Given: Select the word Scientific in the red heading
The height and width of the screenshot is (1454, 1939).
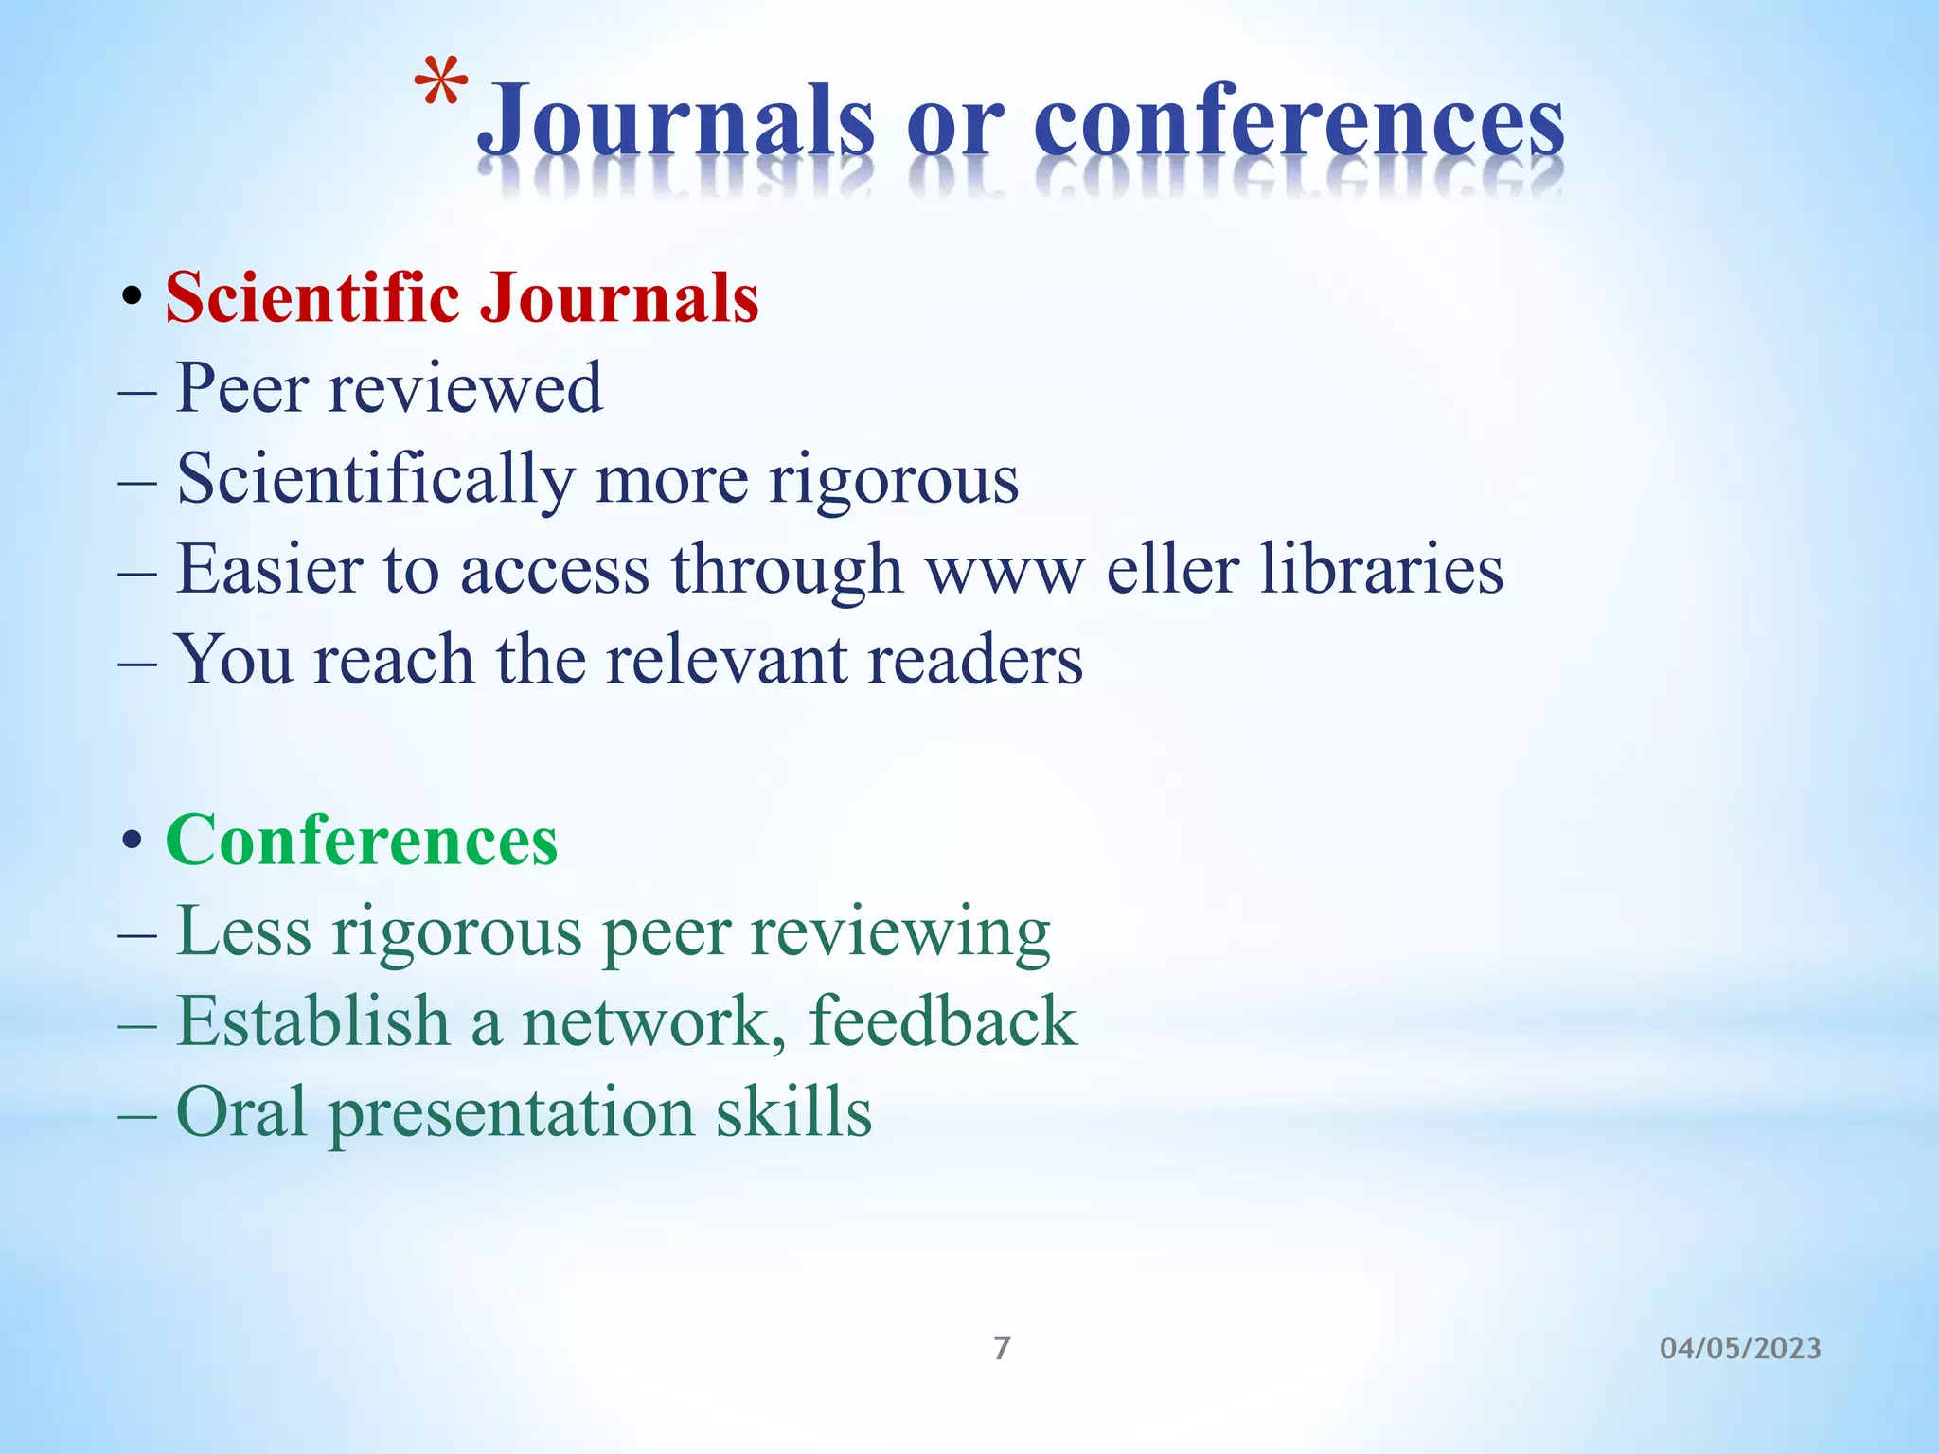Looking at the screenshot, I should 312,297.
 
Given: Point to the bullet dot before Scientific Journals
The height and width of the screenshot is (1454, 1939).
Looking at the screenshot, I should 132,299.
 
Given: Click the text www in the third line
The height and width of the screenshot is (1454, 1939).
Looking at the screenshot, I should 1005,571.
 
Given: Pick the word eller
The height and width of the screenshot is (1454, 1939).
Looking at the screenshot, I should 1173,569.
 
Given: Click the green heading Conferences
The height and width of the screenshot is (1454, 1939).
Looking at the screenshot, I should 362,840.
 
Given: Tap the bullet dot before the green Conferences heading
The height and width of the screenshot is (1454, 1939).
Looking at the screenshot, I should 132,841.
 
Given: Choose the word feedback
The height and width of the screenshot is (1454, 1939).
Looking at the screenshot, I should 943,1021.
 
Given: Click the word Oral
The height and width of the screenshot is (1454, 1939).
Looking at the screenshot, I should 241,1111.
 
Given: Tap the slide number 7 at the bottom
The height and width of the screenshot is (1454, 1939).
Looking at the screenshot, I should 1002,1347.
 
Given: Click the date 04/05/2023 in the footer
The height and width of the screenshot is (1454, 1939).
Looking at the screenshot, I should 1740,1348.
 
